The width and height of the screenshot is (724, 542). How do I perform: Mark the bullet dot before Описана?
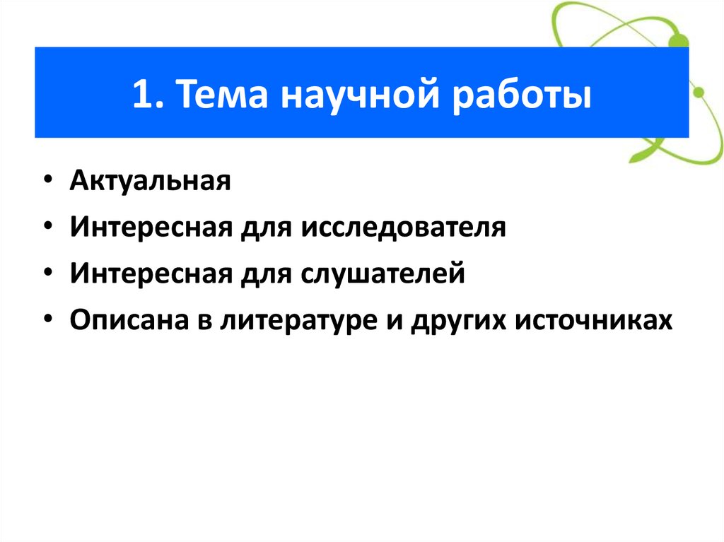47,320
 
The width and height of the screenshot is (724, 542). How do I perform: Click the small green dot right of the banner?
699,93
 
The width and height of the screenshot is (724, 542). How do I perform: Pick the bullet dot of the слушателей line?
47,274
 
